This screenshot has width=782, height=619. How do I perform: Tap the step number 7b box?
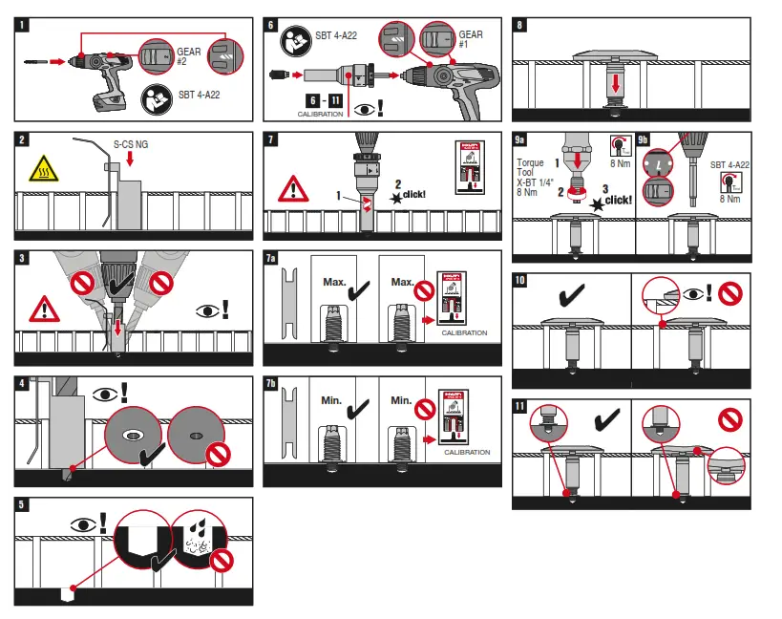272,384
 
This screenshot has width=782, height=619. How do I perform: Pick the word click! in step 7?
412,194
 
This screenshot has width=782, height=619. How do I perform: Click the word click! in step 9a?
618,200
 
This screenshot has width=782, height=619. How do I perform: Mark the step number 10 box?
520,281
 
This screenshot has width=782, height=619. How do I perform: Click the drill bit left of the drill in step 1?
36,62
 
